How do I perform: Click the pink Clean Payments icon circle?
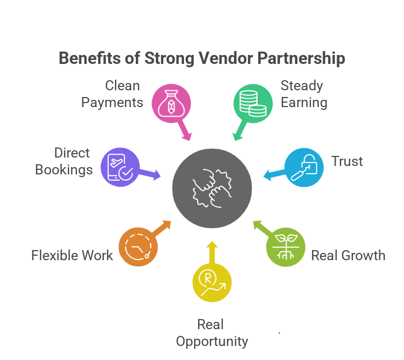171,104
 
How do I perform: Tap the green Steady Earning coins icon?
252,104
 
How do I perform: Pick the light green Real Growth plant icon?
286,246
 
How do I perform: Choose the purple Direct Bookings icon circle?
120,167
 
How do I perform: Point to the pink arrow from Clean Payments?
185,131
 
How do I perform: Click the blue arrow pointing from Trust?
273,175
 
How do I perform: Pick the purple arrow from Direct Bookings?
150,175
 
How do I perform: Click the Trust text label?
347,161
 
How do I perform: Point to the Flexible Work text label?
72,256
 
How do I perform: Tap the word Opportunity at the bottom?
212,341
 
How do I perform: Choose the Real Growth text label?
348,256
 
